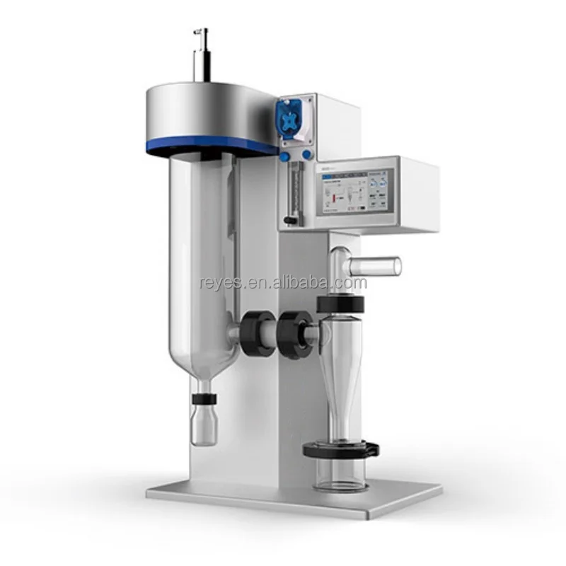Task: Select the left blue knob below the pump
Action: (285, 155)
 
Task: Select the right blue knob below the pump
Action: (306, 155)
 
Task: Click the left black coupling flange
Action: (253, 327)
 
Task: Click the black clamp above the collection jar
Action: (341, 449)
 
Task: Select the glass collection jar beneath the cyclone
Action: (341, 473)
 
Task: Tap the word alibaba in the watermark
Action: (316, 284)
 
